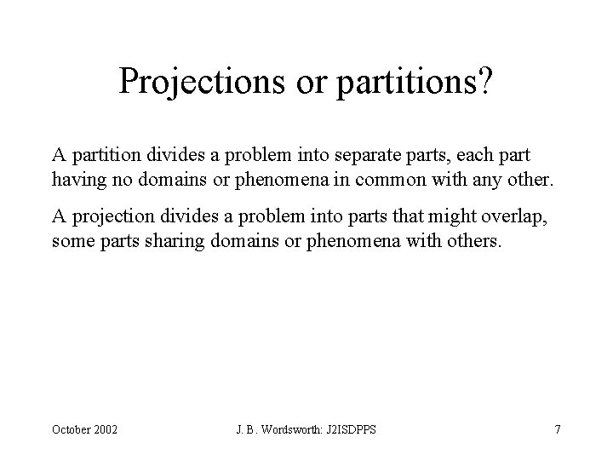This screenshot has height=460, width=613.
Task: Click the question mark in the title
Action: pyautogui.click(x=484, y=81)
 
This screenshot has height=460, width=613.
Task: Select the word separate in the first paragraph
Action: pyautogui.click(x=358, y=157)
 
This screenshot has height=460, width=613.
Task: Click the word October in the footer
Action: pyautogui.click(x=72, y=429)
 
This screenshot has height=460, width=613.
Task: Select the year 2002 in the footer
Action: pyautogui.click(x=107, y=429)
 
